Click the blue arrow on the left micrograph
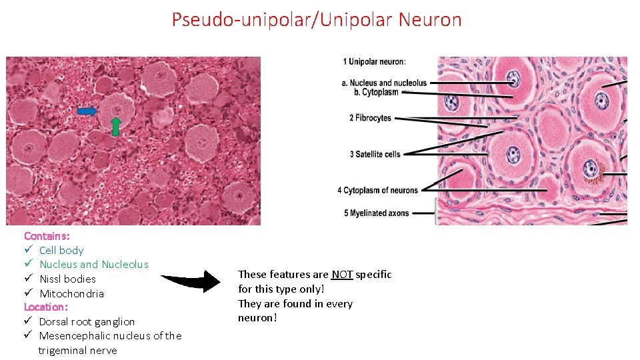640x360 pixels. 87,111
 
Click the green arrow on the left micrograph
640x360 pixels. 115,126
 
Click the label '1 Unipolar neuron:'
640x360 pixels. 374,62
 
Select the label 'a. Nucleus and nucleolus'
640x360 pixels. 384,83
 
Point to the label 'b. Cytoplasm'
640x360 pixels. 376,92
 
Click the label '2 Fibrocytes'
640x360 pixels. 370,118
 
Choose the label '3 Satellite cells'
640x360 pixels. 375,155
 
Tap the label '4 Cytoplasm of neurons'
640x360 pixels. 377,191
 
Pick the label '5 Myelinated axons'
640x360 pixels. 376,213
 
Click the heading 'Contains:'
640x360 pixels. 46,236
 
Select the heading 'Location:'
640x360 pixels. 46,307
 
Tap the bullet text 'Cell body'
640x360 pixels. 61,251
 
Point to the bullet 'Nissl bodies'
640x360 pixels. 67,279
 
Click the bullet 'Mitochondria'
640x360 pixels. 71,294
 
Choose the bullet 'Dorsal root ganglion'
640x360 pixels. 87,322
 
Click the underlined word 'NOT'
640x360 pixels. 342,275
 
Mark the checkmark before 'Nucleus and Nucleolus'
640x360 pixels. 28,265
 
